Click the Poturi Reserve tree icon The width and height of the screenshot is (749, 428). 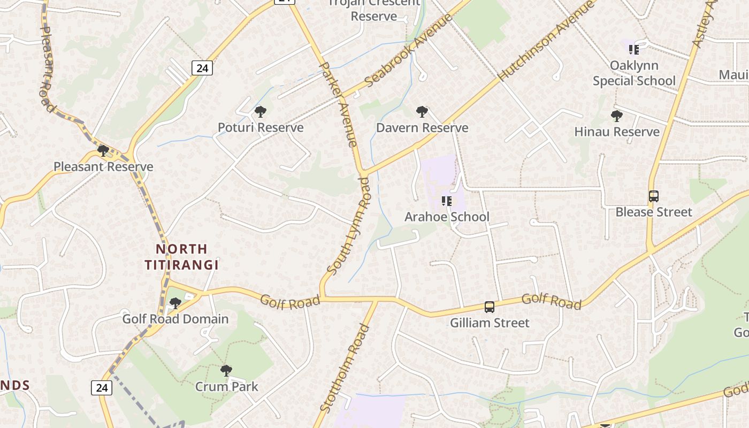click(x=261, y=112)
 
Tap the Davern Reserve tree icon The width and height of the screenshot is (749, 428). click(x=422, y=112)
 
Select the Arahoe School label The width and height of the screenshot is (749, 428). click(x=447, y=217)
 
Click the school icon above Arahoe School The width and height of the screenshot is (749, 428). click(x=447, y=201)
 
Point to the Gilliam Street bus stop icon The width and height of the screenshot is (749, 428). click(x=490, y=307)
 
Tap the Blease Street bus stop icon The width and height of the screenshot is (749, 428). click(x=653, y=196)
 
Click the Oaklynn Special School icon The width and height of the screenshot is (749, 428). click(x=634, y=50)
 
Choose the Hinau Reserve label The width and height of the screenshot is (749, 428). click(x=617, y=132)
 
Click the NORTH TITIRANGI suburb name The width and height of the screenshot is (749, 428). click(x=182, y=257)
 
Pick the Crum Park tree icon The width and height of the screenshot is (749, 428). click(x=226, y=370)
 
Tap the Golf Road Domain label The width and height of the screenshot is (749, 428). click(x=175, y=319)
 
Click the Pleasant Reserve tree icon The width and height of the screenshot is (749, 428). click(x=103, y=150)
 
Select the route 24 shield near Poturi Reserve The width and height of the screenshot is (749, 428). click(x=202, y=68)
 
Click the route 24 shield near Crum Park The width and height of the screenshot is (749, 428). click(x=101, y=387)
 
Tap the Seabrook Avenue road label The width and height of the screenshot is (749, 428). click(x=409, y=51)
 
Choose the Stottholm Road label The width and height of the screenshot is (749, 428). click(x=345, y=369)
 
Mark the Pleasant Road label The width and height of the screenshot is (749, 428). click(x=47, y=70)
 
